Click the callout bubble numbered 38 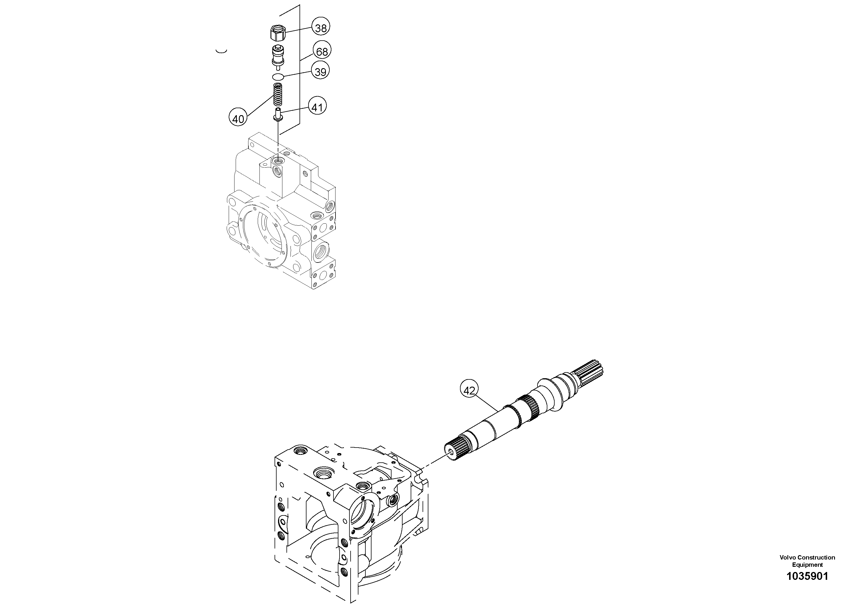pos(321,28)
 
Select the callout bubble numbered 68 pos(322,51)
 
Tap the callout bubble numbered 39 pos(320,71)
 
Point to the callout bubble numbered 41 pos(317,107)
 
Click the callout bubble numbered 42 pos(469,390)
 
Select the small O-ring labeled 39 pos(278,77)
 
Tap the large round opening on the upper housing pos(264,235)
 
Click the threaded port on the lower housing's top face pos(322,472)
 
